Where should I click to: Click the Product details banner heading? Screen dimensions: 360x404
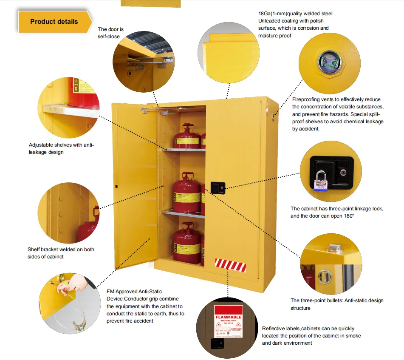point(54,22)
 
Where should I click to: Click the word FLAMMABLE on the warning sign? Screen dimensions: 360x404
point(228,317)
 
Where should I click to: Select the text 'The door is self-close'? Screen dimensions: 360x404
point(110,33)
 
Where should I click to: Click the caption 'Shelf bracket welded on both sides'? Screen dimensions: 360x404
point(61,253)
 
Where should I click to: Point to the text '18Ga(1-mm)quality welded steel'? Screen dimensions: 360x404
point(295,14)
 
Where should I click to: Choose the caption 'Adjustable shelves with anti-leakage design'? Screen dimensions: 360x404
point(61,148)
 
